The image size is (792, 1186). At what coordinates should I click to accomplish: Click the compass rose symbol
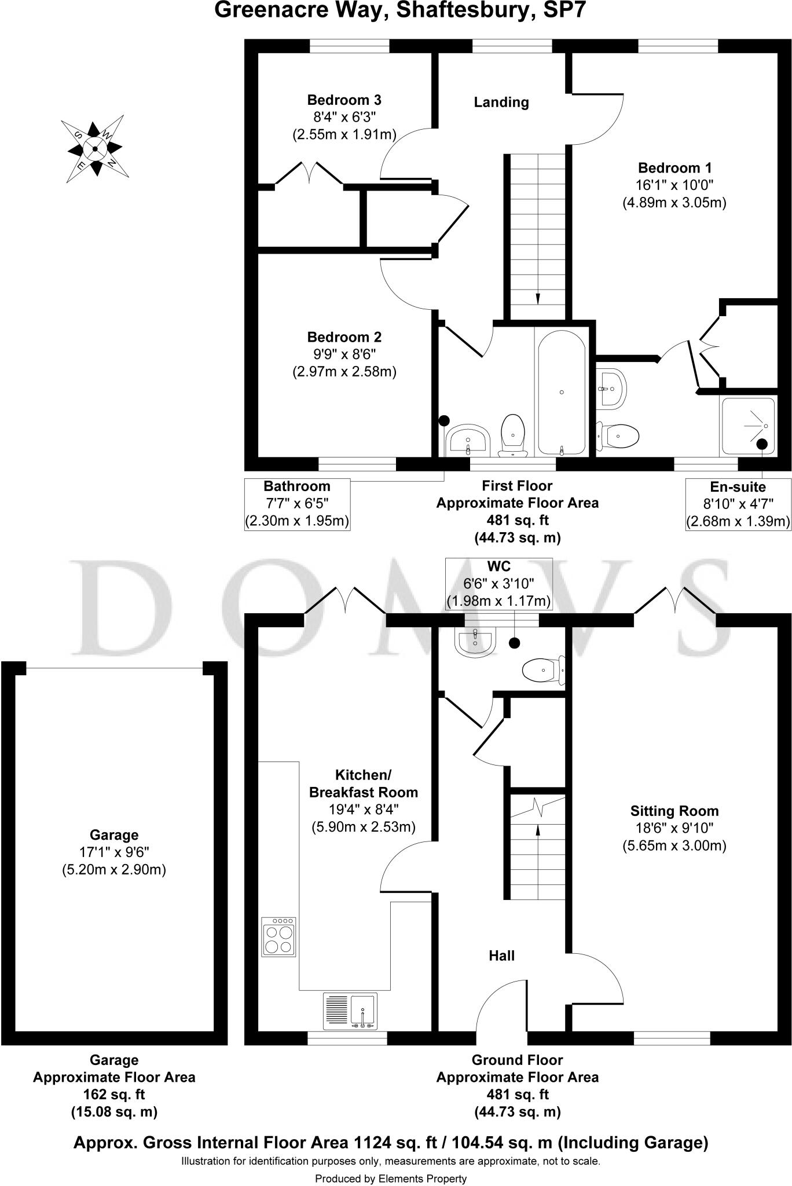pos(95,149)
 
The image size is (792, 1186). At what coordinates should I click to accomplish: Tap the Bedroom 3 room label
pos(344,100)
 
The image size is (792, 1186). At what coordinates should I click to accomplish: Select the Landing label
pos(501,103)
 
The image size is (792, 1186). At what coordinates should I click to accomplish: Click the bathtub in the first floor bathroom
pos(562,392)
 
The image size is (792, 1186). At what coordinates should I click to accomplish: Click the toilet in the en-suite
pos(618,434)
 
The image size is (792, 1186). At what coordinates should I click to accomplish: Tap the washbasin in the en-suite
pos(610,387)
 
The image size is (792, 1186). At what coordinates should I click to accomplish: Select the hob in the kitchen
pos(278,936)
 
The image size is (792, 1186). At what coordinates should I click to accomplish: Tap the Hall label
pos(501,956)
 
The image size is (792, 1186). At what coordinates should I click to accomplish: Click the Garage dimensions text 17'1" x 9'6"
pos(113,852)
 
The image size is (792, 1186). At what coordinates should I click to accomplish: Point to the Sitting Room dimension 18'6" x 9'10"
pos(674,828)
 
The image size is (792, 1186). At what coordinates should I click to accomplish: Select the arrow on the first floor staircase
pos(538,297)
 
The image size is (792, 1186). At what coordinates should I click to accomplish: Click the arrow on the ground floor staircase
pos(538,829)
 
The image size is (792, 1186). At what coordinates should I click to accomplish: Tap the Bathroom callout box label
pos(297,486)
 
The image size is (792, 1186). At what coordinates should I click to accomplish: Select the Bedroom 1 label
pos(674,168)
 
